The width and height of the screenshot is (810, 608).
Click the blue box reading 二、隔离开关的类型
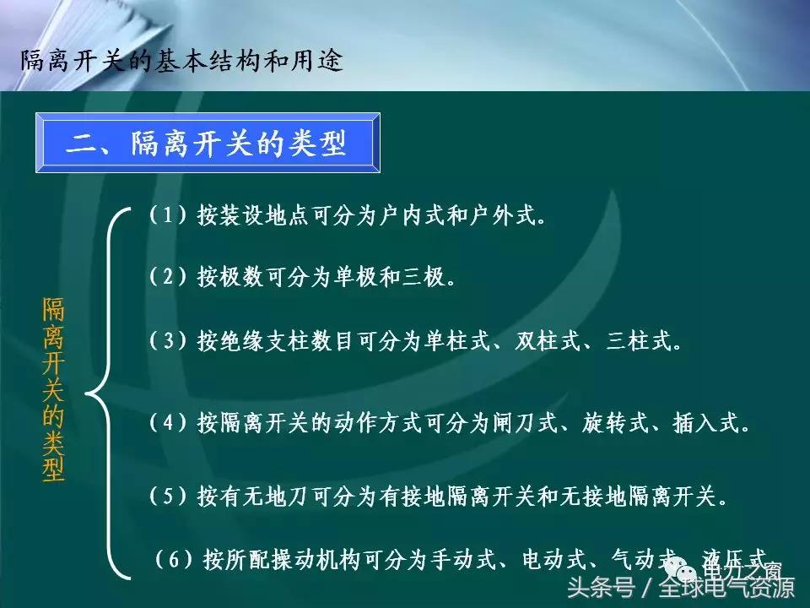pyautogui.click(x=207, y=144)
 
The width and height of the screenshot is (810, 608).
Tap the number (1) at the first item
pyautogui.click(x=166, y=215)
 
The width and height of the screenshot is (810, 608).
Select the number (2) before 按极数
pyautogui.click(x=166, y=276)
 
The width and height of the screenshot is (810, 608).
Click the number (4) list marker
pyautogui.click(x=166, y=423)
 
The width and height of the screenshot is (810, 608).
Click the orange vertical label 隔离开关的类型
pyautogui.click(x=53, y=388)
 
